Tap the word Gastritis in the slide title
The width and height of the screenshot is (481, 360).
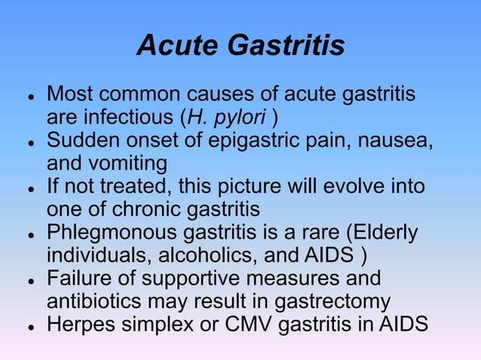coord(286,46)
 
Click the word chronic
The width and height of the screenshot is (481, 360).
coord(143,209)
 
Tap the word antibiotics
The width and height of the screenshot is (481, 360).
coord(97,301)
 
